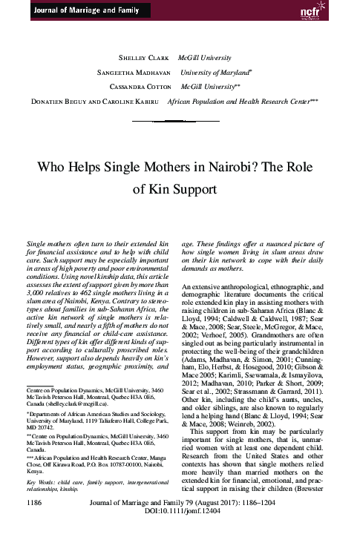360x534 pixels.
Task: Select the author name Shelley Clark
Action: tap(146, 57)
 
